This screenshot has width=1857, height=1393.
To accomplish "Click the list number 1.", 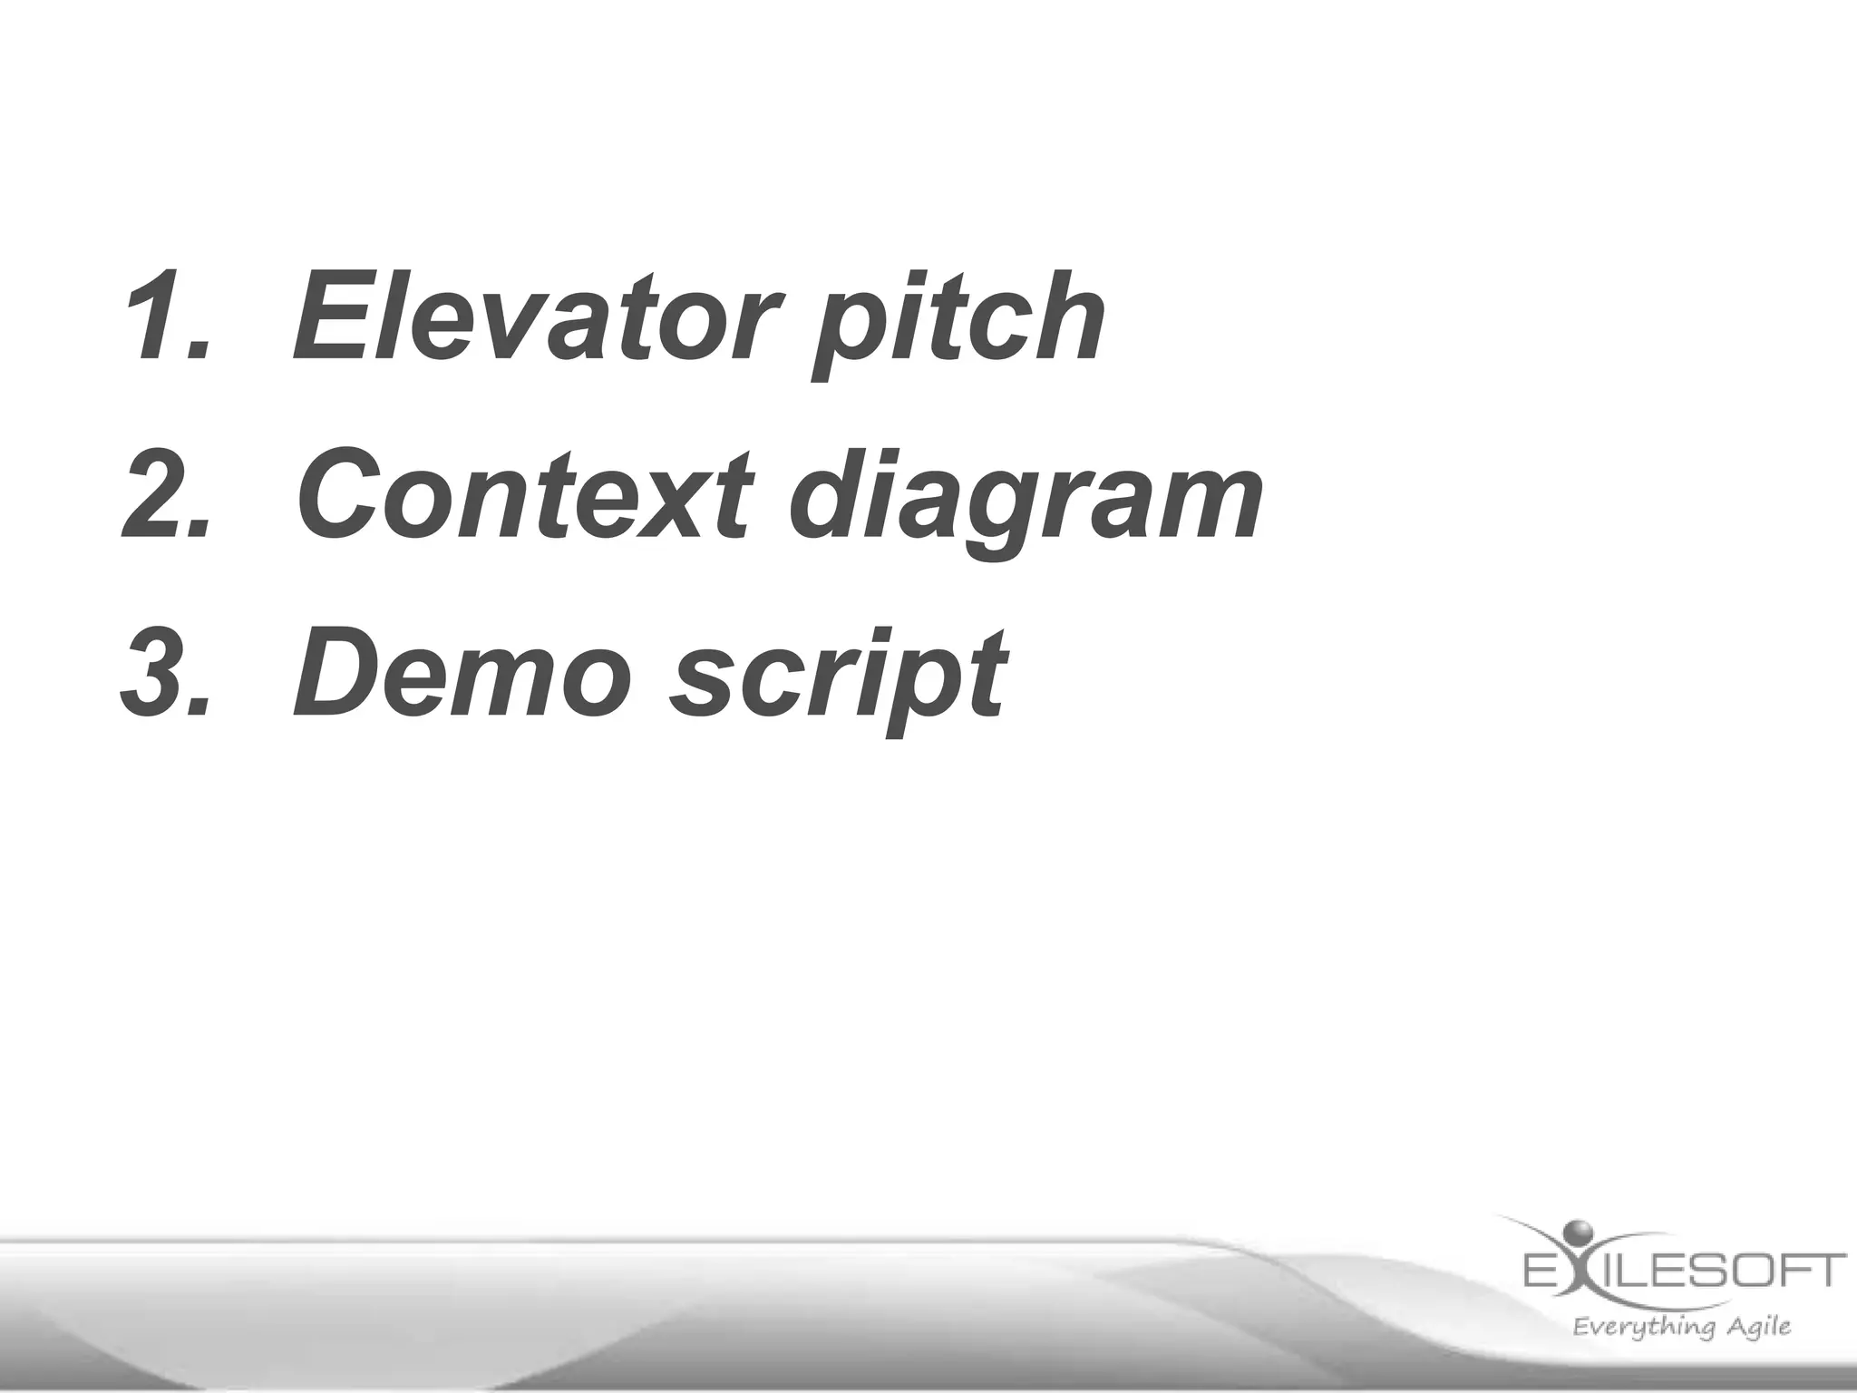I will (x=163, y=317).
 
